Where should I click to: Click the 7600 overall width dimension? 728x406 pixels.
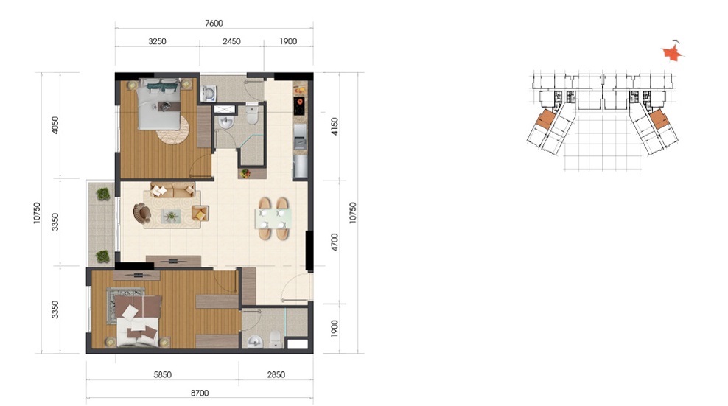coord(214,24)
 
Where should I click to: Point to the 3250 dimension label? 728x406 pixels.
coord(158,41)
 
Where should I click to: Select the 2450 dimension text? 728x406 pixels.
coord(231,41)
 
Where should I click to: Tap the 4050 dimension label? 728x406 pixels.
coord(55,125)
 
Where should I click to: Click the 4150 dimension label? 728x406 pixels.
coord(335,127)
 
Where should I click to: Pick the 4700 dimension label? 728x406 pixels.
coord(335,242)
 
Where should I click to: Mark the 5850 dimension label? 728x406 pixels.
coord(163,375)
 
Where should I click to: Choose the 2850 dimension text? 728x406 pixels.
coord(276,375)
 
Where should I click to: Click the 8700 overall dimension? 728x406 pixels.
coord(200,393)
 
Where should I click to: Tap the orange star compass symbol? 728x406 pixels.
coord(672,54)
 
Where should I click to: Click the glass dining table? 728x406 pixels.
coord(273,219)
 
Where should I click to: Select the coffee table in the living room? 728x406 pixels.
coord(172,216)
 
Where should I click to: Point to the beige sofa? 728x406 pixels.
coord(172,190)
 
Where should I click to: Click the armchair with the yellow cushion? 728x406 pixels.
coord(200,214)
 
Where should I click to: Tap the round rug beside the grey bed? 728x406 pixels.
coord(172,129)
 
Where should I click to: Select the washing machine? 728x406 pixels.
coord(209,93)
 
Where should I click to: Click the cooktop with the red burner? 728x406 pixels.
coord(299,106)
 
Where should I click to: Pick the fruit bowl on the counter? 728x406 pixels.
coord(245,174)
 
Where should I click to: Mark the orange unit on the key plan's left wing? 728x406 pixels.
coord(545,119)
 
